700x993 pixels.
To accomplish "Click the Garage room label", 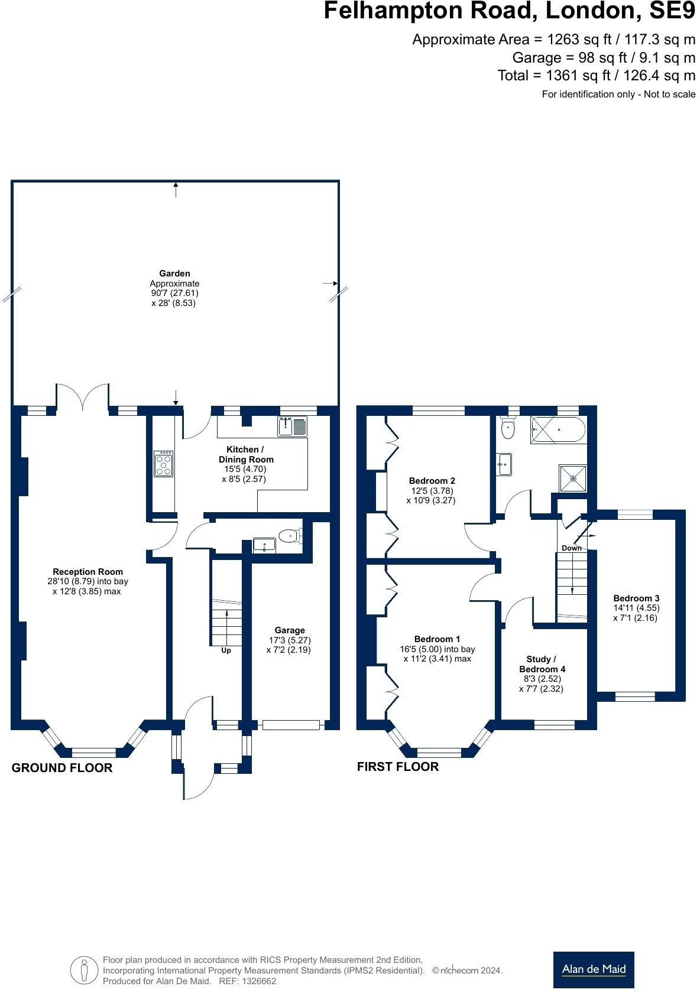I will coord(289,630).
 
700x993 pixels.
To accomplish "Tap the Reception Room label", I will coord(87,571).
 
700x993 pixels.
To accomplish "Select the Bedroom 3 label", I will coord(636,598).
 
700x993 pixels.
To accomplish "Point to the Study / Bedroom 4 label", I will coord(542,664).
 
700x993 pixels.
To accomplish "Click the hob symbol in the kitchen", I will coord(163,464).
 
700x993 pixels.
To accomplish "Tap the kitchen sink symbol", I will coord(293,426).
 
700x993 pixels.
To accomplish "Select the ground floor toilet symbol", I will coord(290,536).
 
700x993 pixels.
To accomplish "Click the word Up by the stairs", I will coord(226,650).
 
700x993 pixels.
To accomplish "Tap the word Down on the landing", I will coord(571,548).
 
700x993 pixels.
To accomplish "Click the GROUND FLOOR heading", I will coord(62,768).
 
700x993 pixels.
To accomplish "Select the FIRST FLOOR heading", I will coord(398,767).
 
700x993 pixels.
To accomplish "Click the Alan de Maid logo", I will coord(594,969).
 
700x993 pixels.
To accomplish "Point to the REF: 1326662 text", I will coord(247,981).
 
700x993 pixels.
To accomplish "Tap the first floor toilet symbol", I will coord(508,428).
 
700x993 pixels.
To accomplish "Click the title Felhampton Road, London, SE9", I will coord(510,11).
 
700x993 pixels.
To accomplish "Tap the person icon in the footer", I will coord(84,970).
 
